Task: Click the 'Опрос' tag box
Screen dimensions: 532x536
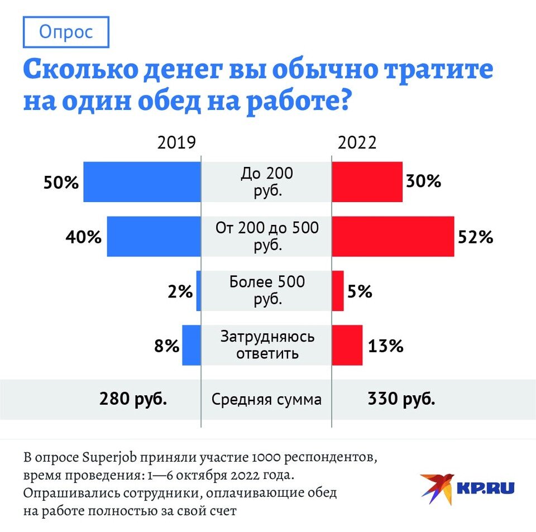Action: click(x=66, y=32)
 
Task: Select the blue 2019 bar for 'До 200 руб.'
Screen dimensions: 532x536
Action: click(x=142, y=182)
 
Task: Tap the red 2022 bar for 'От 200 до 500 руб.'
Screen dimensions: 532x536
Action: click(x=393, y=237)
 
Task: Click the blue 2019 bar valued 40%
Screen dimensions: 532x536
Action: click(x=154, y=237)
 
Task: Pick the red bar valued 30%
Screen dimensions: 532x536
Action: click(x=367, y=182)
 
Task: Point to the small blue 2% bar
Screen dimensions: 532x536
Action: click(x=198, y=291)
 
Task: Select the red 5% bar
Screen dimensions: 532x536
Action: click(x=338, y=291)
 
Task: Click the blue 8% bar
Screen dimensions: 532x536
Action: click(x=191, y=346)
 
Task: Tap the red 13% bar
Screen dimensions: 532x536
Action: click(x=347, y=346)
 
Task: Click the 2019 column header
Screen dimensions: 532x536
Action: click(x=176, y=143)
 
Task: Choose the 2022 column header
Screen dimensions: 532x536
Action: click(x=357, y=143)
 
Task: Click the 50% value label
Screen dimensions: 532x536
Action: click(x=61, y=183)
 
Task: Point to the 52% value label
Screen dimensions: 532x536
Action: click(x=476, y=237)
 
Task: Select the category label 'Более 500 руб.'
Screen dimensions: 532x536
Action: click(x=267, y=290)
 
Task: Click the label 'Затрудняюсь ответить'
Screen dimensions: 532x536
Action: click(x=267, y=345)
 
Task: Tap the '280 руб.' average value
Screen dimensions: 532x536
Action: click(x=133, y=400)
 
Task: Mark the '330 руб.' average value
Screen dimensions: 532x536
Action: click(x=401, y=400)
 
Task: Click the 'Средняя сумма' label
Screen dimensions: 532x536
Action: click(x=266, y=400)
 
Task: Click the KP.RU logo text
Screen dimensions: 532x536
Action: click(x=485, y=487)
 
